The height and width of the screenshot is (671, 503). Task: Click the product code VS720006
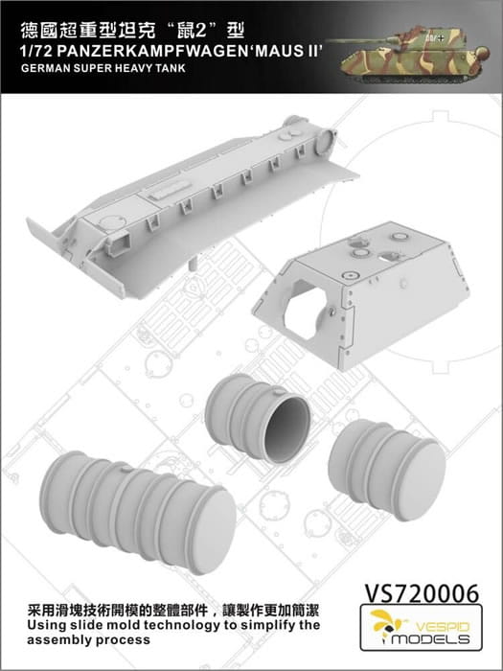[x=422, y=593]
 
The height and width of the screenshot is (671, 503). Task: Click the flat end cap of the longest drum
[x=212, y=531]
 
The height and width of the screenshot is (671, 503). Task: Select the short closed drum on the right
[x=387, y=470]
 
